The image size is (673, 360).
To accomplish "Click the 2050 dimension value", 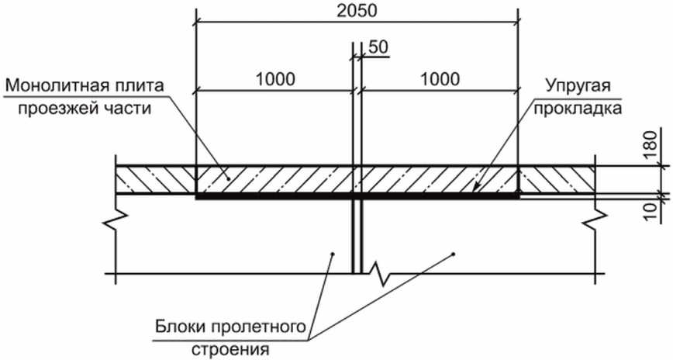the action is [356, 11].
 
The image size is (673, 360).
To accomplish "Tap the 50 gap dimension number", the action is [378, 47].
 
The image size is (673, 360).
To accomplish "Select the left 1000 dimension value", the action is [275, 79].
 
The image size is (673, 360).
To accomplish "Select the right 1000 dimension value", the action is [439, 79].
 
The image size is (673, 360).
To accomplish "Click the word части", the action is [126, 109].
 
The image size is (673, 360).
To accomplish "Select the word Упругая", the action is [578, 86].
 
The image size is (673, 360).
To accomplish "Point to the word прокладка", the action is [578, 109].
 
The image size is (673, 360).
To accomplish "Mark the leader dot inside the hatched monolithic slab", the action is [228, 179].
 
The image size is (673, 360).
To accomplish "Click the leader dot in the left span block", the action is [333, 254].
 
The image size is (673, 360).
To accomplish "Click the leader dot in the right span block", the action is [454, 254].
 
